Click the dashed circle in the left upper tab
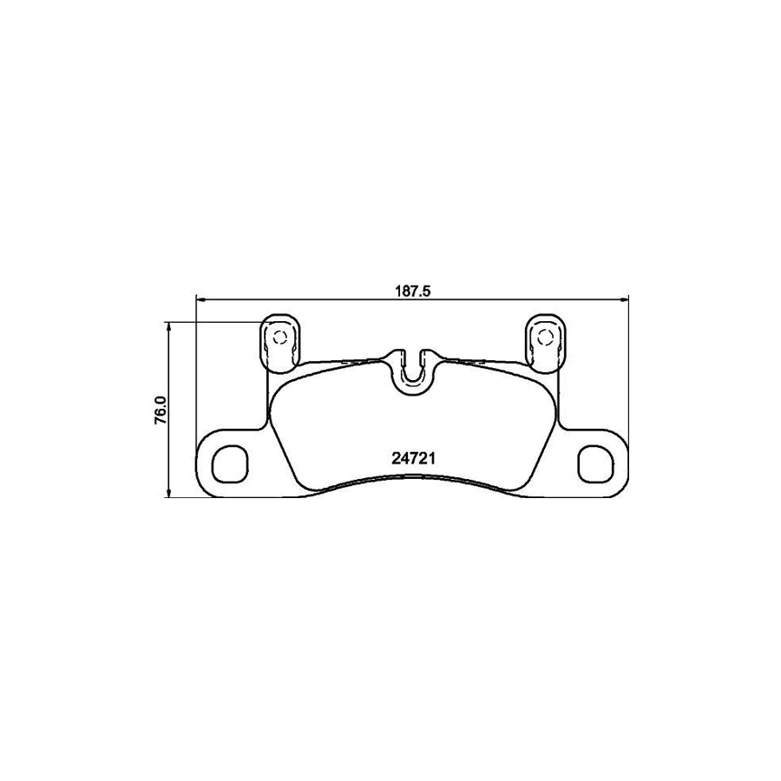279,338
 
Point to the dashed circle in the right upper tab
547,338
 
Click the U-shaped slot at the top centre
414,368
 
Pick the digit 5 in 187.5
427,292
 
